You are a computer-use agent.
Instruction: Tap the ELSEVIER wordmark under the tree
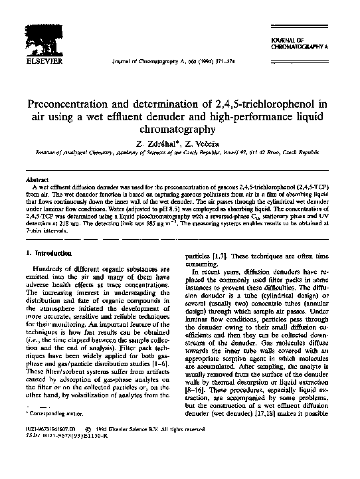[x=42, y=64]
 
